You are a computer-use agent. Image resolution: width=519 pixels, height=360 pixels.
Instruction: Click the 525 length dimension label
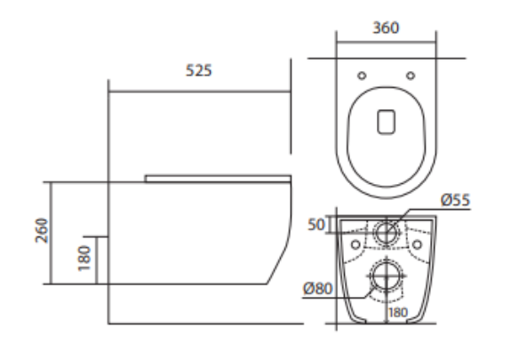point(198,70)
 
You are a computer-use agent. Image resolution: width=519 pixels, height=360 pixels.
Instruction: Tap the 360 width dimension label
point(386,28)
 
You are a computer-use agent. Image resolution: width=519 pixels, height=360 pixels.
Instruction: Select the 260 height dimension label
point(42,230)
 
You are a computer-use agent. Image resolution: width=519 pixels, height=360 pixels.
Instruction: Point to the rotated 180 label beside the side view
point(84,259)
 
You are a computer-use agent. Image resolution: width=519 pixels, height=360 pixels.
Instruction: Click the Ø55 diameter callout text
point(455,200)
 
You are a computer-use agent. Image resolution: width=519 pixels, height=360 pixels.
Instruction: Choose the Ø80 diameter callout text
point(318,289)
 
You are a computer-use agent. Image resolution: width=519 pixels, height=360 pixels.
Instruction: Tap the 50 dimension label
point(316,225)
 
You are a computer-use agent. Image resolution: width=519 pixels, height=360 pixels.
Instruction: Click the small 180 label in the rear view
point(398,313)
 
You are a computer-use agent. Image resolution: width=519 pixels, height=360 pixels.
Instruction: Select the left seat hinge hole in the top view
point(362,76)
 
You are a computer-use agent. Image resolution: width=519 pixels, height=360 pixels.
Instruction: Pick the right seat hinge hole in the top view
point(411,76)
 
